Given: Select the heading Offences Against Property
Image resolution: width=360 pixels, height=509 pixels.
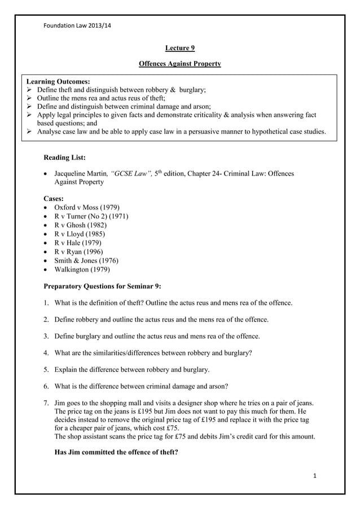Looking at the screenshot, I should click(179, 64).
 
